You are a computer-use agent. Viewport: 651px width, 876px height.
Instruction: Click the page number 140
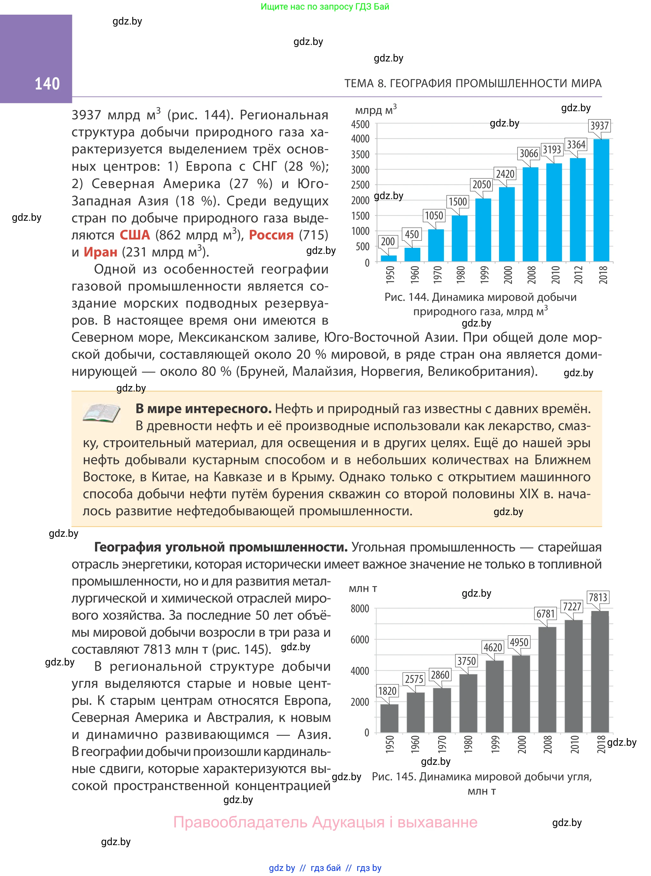47,84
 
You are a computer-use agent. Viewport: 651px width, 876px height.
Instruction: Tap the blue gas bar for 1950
388,258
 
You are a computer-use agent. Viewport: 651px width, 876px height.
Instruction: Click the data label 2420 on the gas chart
505,174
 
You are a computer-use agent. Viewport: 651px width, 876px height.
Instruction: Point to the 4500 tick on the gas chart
360,125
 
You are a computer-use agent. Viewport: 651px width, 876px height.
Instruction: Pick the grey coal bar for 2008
547,679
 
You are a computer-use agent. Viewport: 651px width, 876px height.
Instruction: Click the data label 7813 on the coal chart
597,598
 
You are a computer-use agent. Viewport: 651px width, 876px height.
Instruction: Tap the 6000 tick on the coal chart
360,640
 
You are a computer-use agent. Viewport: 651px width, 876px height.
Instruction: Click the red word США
135,235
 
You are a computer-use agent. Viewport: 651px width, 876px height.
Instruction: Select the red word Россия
271,235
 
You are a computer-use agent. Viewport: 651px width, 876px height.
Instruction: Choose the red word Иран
100,252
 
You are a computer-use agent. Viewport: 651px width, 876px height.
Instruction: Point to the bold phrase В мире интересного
203,409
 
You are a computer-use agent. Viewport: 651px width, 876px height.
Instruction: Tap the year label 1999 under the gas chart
484,275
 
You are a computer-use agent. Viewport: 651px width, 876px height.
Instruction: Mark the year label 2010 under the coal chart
574,744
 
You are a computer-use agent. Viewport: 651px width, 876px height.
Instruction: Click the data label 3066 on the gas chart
528,153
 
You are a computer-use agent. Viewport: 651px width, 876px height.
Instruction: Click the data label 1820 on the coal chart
387,691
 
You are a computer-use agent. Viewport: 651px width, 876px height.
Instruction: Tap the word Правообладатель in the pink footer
240,822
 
